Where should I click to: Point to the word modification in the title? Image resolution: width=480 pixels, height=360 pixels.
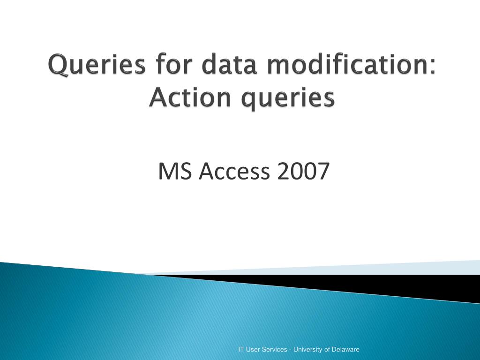[345, 65]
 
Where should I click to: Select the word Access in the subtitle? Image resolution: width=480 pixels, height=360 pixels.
[234, 172]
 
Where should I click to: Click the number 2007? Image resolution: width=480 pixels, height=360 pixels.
[303, 172]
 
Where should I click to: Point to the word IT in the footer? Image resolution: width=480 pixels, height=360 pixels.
[241, 349]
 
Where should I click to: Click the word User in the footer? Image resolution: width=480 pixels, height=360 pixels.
[254, 349]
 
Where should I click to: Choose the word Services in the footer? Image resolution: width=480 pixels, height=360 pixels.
[276, 349]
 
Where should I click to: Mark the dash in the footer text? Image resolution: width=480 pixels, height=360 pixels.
[291, 350]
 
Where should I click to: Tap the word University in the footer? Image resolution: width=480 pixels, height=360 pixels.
[308, 349]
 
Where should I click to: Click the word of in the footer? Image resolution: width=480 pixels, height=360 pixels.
[327, 349]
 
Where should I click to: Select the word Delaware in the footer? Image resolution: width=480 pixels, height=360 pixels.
[346, 349]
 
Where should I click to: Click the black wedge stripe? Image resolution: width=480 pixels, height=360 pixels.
[398, 286]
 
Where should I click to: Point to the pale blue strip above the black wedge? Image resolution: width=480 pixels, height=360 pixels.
[375, 268]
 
